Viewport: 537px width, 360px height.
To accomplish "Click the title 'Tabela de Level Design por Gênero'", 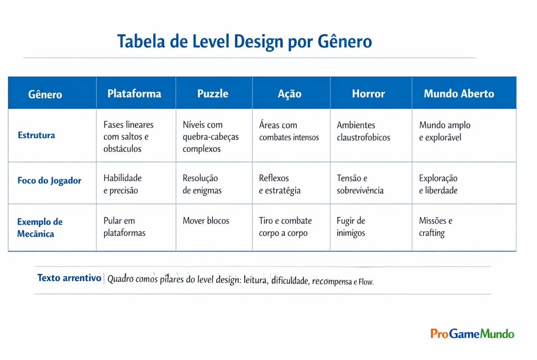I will pyautogui.click(x=244, y=41).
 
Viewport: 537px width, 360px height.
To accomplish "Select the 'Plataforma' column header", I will pyautogui.click(x=134, y=94).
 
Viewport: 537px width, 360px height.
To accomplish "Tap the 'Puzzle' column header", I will pyautogui.click(x=213, y=94).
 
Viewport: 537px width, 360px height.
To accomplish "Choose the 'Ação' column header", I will pyautogui.click(x=289, y=94).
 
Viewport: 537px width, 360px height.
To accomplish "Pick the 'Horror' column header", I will pyautogui.click(x=368, y=94).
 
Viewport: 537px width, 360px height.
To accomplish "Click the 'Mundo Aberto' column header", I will pyautogui.click(x=459, y=94).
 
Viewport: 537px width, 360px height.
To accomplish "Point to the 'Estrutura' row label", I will pyautogui.click(x=36, y=135).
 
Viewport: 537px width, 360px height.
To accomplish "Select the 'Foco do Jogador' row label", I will pyautogui.click(x=49, y=181).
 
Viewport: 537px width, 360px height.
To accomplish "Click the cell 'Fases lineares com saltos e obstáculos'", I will pyautogui.click(x=128, y=137).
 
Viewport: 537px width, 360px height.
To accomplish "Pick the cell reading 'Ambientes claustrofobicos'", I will pyautogui.click(x=363, y=132).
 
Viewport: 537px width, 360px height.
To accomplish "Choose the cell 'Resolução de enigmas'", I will pyautogui.click(x=202, y=184).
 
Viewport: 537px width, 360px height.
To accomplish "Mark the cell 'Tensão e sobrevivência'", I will pyautogui.click(x=360, y=184).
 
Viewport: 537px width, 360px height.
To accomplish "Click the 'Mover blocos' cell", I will pyautogui.click(x=206, y=221).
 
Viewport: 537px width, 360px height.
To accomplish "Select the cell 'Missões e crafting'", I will pyautogui.click(x=435, y=227).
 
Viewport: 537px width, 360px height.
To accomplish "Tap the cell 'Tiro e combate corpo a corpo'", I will pyautogui.click(x=285, y=227).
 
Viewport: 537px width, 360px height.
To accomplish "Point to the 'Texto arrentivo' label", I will pyautogui.click(x=69, y=278).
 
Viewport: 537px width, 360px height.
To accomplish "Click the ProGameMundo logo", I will pyautogui.click(x=472, y=334).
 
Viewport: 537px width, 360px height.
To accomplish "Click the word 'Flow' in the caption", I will pyautogui.click(x=366, y=282).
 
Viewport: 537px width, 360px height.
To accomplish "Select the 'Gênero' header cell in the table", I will pyautogui.click(x=45, y=95).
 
